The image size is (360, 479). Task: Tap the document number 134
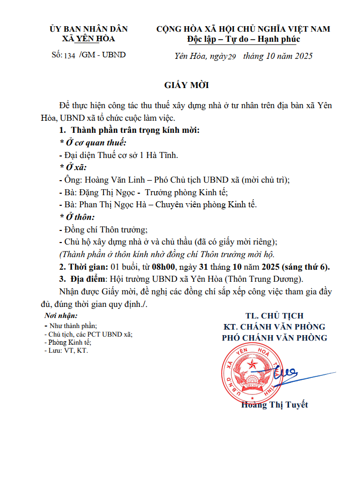pyautogui.click(x=69, y=56)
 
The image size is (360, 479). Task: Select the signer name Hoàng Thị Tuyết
pyautogui.click(x=275, y=405)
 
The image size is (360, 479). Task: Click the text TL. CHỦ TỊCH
pyautogui.click(x=275, y=316)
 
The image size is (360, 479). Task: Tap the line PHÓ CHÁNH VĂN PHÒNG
pyautogui.click(x=275, y=338)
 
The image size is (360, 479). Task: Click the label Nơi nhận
pyautogui.click(x=61, y=316)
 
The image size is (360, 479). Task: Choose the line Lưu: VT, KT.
pyautogui.click(x=67, y=351)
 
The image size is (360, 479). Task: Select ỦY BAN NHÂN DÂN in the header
pyautogui.click(x=88, y=29)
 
